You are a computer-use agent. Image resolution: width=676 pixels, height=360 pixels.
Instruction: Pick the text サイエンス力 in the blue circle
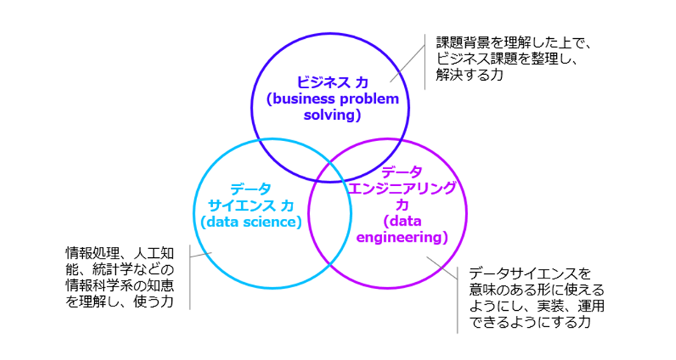[x=250, y=205]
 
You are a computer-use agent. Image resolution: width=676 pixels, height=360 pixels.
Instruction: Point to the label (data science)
[x=250, y=222]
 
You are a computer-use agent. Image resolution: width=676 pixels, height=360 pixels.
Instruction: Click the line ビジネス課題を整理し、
[x=503, y=59]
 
